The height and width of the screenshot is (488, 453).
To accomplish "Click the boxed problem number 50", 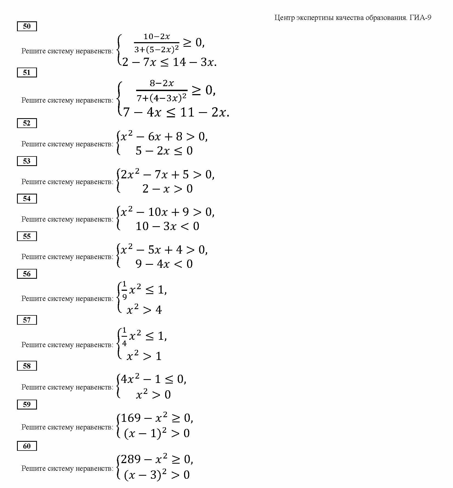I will point(27,26).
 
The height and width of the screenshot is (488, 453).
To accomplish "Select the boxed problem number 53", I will point(27,161).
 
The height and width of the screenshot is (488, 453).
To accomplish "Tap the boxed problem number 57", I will point(27,320).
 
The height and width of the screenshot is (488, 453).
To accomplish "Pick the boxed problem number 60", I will point(27,446).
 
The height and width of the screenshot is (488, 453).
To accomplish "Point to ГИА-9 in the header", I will point(420,18).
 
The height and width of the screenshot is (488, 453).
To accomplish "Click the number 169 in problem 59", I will point(131,418).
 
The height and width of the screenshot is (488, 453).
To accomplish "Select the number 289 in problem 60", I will point(131,459).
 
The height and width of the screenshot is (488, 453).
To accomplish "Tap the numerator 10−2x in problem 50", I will point(157,37).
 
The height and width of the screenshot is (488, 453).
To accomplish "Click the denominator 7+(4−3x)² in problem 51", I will point(162,98).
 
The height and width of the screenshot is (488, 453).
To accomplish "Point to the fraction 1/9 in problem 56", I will point(125,290).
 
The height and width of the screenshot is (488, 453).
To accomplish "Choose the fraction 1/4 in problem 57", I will point(125,336).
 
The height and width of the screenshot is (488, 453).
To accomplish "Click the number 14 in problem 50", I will point(179,62).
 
